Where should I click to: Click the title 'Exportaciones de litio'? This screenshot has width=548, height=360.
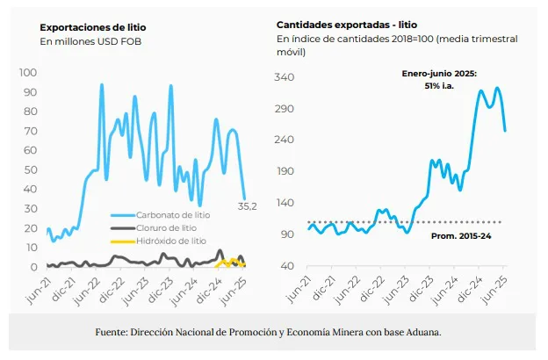point(93,25)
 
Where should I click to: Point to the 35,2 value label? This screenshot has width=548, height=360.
point(248,206)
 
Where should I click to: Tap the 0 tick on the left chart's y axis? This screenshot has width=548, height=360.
point(32,266)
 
